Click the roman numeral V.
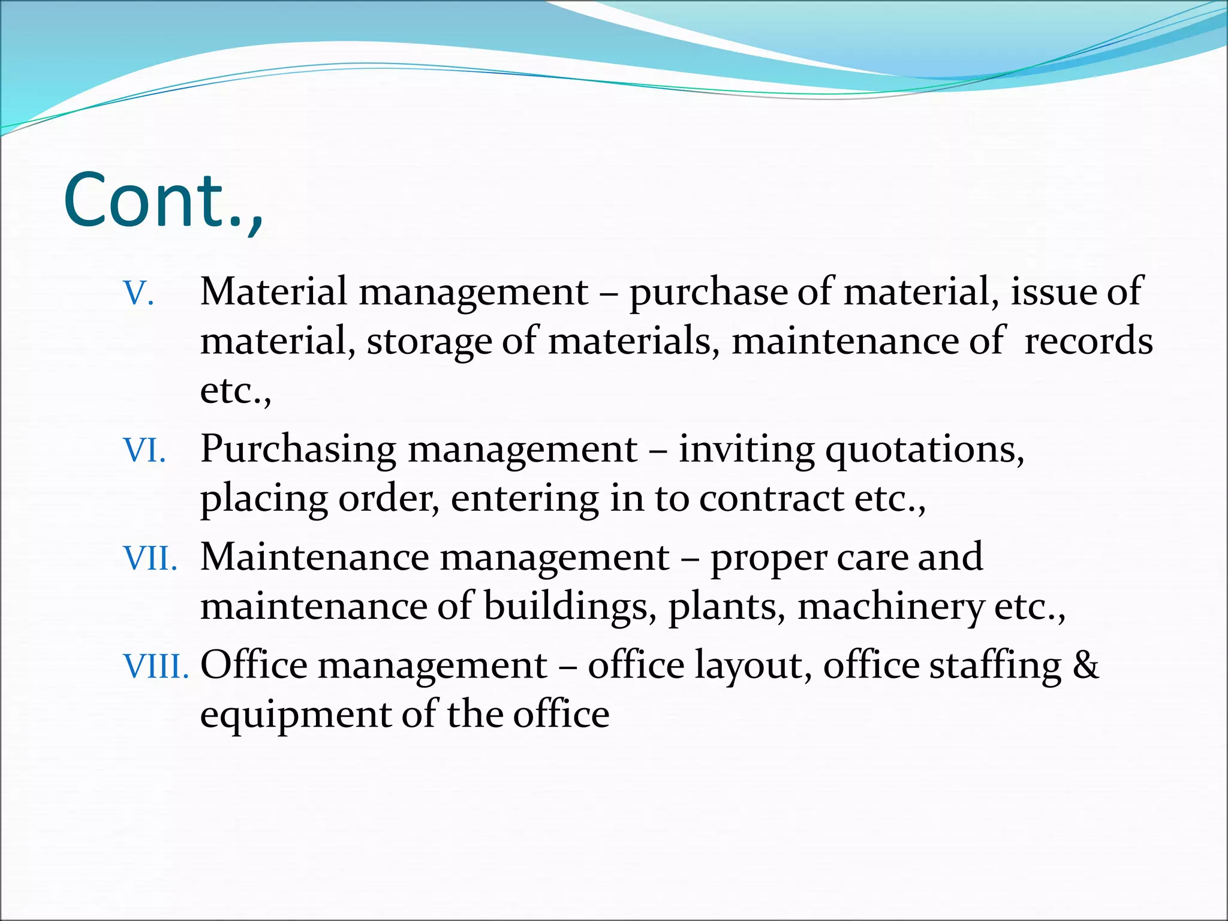click(x=139, y=294)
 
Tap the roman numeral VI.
click(x=144, y=450)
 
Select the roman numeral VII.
click(x=150, y=558)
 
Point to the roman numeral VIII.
click(x=155, y=666)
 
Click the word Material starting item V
click(x=273, y=292)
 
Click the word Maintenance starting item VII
click(x=314, y=557)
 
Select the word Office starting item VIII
click(x=253, y=665)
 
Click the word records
click(x=1088, y=341)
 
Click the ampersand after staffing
click(x=1086, y=665)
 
